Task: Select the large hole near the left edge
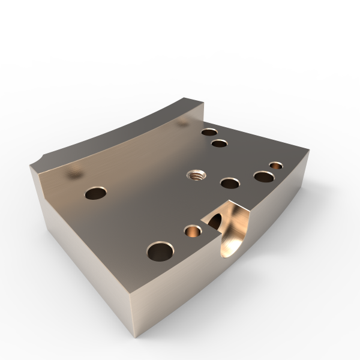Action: pyautogui.click(x=95, y=193)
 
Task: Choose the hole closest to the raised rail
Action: pyautogui.click(x=209, y=132)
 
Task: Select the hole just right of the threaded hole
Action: pyautogui.click(x=229, y=182)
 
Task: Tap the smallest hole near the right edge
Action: pyautogui.click(x=276, y=164)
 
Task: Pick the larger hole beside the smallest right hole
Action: pyautogui.click(x=263, y=176)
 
